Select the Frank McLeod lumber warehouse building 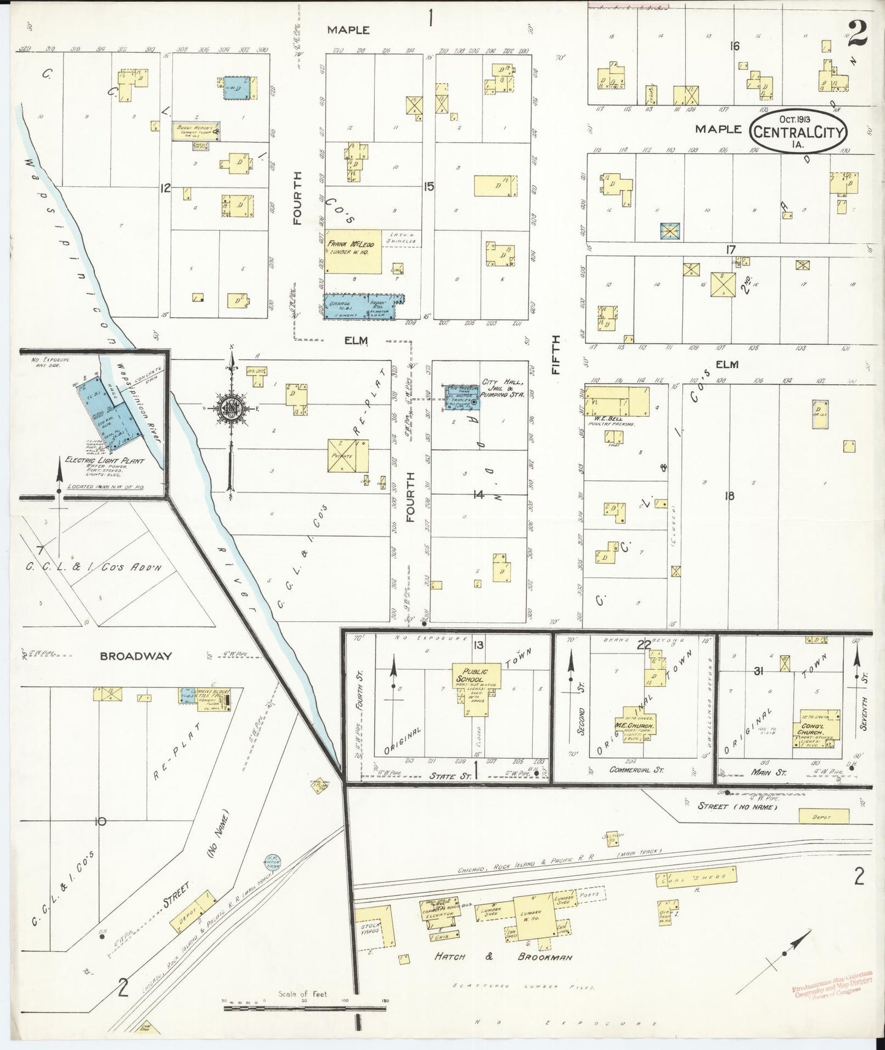pyautogui.click(x=353, y=251)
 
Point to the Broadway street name pyautogui.click(x=136, y=655)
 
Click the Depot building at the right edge pyautogui.click(x=824, y=816)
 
